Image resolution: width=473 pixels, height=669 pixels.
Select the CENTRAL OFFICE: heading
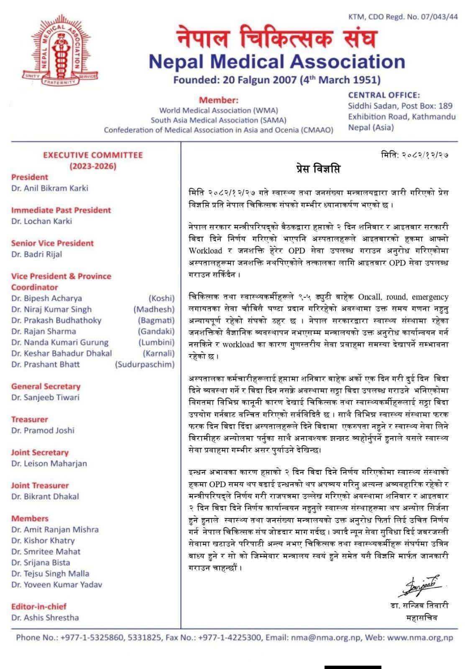[384, 95]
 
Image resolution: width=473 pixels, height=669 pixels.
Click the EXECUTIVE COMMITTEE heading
[93, 155]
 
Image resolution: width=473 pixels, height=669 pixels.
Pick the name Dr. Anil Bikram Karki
[50, 188]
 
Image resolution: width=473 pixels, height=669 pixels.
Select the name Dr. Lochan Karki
[41, 221]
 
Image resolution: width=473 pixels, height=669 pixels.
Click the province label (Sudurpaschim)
[145, 364]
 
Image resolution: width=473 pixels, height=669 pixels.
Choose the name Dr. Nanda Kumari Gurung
[60, 342]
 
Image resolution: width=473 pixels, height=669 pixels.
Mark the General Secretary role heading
[46, 386]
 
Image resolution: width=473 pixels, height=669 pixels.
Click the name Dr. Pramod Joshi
[43, 430]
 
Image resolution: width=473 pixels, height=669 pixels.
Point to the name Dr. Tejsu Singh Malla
[50, 574]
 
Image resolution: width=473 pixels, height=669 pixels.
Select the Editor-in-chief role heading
[39, 606]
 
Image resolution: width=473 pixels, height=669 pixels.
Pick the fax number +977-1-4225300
[230, 638]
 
